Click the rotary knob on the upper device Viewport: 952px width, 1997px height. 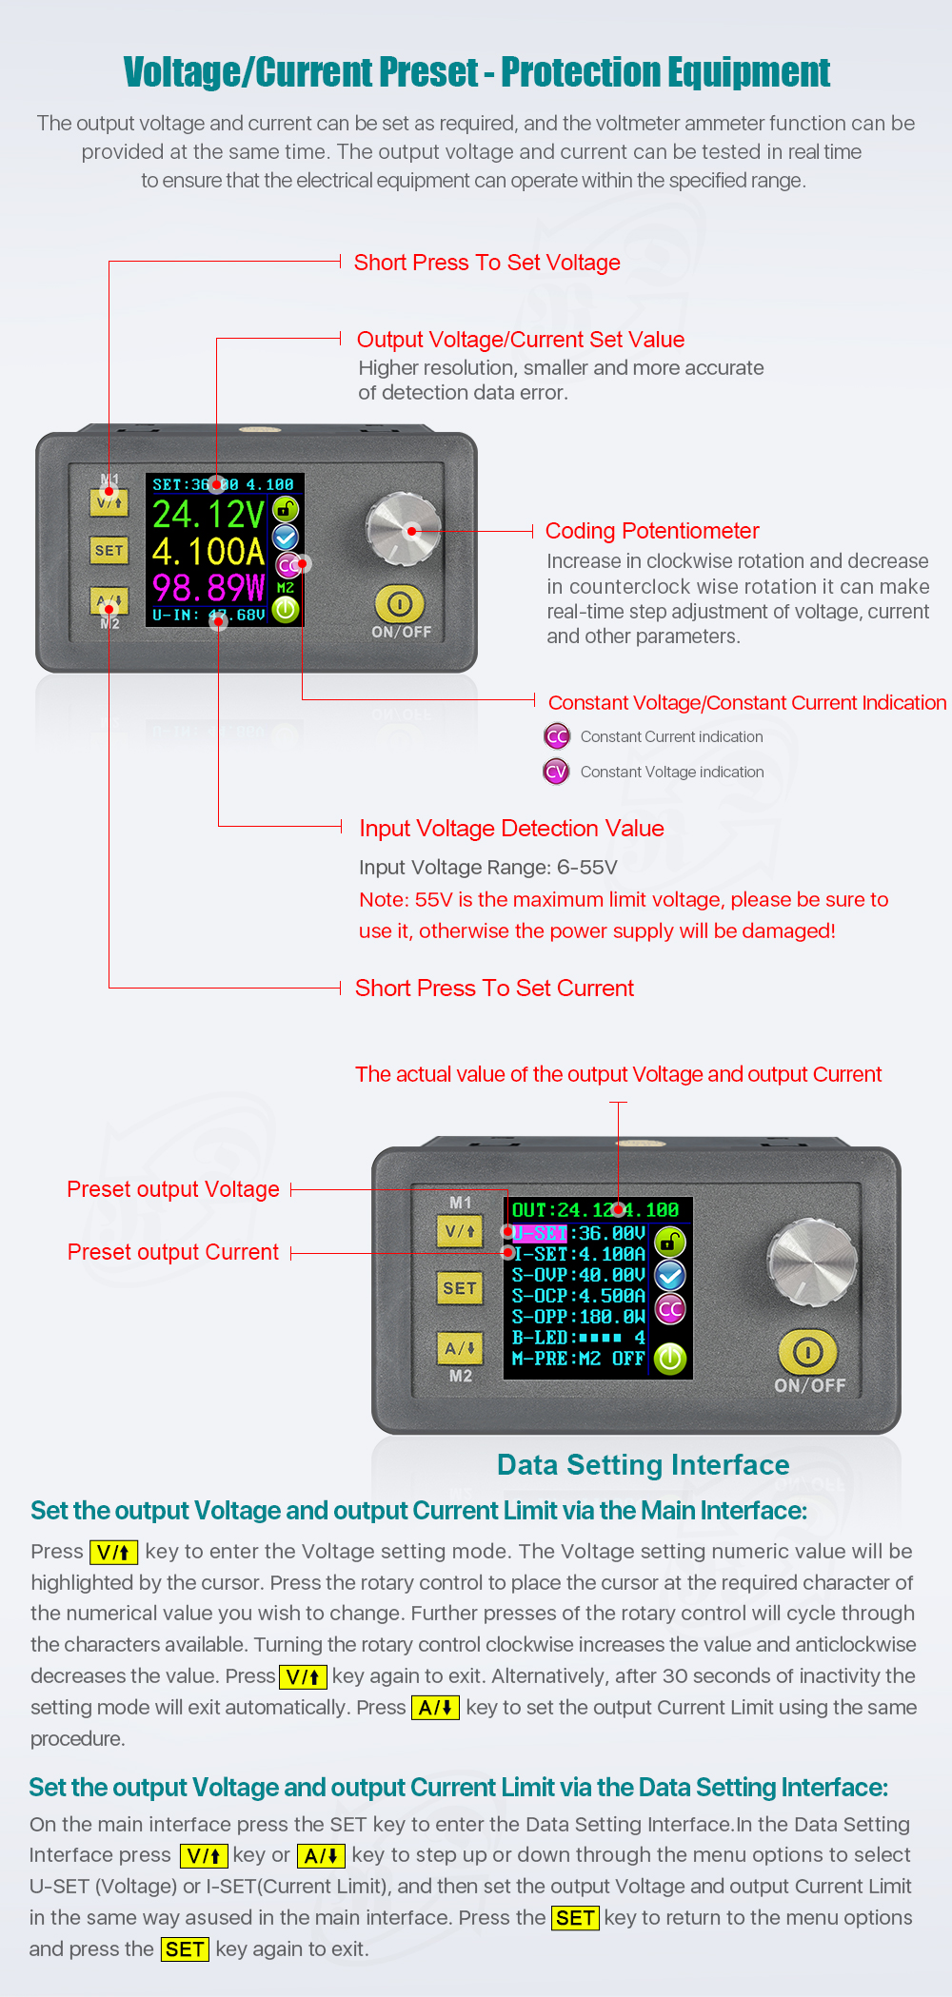404,529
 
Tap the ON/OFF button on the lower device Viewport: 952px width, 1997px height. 808,1352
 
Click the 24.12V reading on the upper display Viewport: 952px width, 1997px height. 208,515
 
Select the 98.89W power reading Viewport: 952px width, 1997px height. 208,587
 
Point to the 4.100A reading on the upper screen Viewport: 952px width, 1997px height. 208,552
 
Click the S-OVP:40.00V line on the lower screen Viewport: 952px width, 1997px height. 579,1275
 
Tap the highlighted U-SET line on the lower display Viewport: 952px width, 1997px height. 579,1234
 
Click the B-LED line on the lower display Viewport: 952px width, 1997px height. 579,1338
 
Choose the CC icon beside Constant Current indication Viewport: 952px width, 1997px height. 557,736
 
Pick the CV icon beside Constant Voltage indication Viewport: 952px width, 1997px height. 557,772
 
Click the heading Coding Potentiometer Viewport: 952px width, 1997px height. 652,531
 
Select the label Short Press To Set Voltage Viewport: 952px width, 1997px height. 486,263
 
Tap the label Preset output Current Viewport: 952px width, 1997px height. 173,1252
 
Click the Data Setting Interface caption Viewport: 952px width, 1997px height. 643,1465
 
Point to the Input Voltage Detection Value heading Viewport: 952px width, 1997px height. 511,829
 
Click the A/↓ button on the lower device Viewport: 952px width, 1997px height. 460,1348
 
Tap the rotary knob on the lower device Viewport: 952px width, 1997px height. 812,1262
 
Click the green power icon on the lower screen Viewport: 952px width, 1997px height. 670,1359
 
